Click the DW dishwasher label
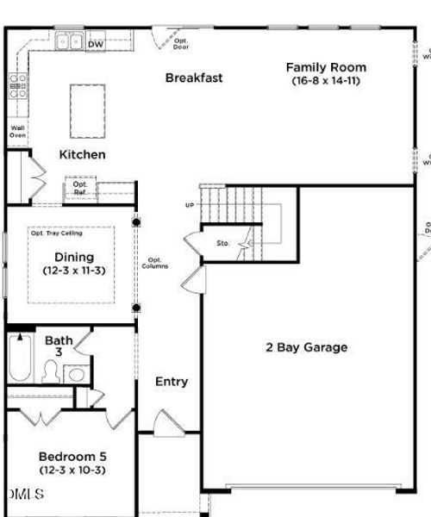96,42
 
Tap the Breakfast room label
194,78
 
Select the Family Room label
326,67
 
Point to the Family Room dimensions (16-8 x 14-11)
326,81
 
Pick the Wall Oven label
17,132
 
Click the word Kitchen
83,155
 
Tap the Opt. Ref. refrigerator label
80,188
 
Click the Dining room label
74,257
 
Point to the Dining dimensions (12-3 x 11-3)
74,271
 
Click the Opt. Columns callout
155,263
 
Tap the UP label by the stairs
190,205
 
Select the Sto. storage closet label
222,244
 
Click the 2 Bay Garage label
306,347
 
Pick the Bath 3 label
59,346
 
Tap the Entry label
172,382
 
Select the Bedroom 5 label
72,456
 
